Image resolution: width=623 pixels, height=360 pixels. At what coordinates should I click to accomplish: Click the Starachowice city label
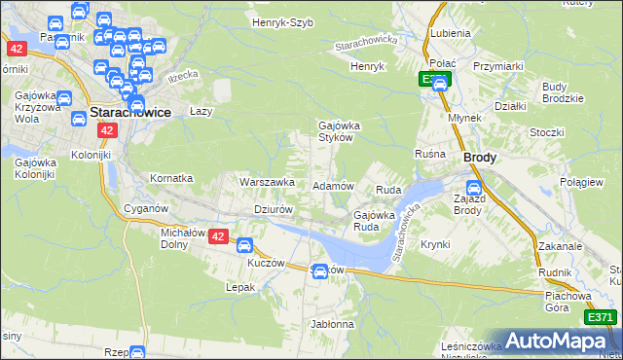coord(129,112)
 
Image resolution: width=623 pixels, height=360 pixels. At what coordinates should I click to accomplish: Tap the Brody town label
coord(480,157)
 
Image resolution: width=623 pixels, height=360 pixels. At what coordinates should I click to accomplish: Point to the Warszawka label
coord(267,182)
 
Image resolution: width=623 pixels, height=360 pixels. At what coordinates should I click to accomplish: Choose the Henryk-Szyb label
coord(282,22)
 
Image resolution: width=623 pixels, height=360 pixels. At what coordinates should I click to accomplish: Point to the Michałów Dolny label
coord(182,239)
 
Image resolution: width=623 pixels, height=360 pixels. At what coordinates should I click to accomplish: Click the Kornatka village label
coord(171,179)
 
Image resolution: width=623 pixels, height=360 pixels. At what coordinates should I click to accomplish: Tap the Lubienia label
coord(451,33)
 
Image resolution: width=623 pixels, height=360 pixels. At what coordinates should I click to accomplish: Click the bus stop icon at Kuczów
coord(245,246)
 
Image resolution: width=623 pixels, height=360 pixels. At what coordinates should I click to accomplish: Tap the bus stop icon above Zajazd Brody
coord(474,189)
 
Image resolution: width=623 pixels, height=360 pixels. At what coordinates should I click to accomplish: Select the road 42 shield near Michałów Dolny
coord(218,236)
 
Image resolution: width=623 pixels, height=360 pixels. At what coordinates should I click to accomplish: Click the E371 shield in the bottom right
coord(601,318)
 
